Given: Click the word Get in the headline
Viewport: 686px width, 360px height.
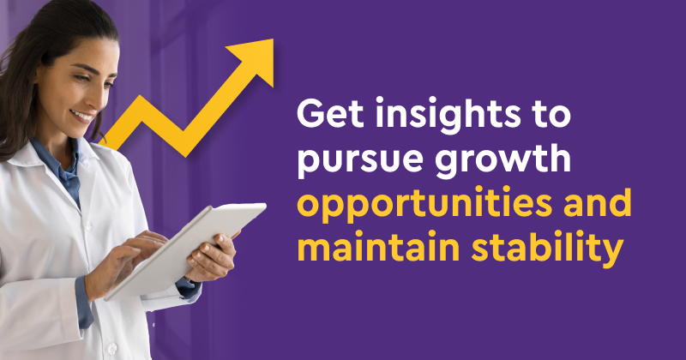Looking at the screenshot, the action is (x=330, y=113).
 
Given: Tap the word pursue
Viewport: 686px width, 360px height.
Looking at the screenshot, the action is (x=359, y=161).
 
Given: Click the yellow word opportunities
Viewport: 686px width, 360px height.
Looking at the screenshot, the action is (x=424, y=205).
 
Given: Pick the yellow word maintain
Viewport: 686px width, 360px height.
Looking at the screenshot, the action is (x=378, y=246).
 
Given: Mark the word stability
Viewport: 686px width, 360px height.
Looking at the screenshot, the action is (x=547, y=249).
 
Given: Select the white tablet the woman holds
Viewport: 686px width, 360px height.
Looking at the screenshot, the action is (x=185, y=251).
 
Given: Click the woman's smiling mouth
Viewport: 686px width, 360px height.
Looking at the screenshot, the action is (x=83, y=117).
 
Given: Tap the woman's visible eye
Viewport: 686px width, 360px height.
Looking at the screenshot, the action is (x=81, y=78).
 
